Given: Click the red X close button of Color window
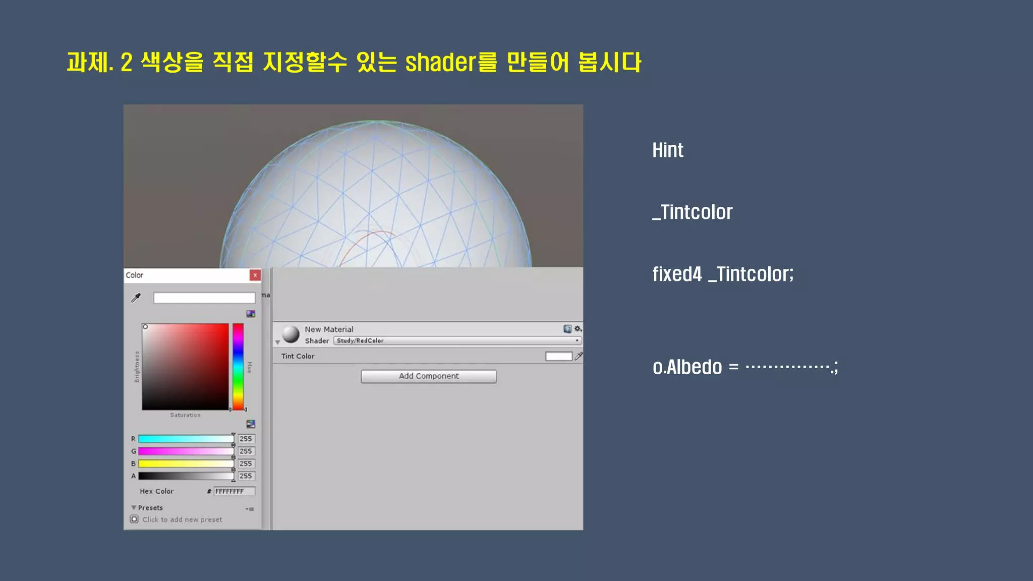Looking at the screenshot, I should [255, 275].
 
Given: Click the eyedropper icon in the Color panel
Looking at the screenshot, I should [136, 298].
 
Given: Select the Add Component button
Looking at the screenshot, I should [429, 376].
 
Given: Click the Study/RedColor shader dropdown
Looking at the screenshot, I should [457, 341].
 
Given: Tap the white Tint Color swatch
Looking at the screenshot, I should [558, 357].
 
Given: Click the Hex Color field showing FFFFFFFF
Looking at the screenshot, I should [234, 491].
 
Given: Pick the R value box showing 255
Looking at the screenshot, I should [246, 439].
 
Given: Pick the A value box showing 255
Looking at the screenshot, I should [246, 476].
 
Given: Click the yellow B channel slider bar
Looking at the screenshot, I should [186, 463].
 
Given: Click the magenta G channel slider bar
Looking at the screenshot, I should [186, 451].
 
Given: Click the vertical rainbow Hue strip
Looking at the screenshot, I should [238, 367].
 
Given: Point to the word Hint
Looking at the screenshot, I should [667, 150].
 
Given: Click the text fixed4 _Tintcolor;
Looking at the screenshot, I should [722, 274].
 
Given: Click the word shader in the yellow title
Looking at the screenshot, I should [440, 63].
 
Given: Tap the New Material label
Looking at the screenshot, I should [329, 329].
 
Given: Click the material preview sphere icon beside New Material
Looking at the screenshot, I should [291, 334].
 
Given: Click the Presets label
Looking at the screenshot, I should [150, 508].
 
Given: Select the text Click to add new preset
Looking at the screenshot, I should [182, 519].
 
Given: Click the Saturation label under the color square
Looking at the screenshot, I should [185, 415].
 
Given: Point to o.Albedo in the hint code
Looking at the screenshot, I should [687, 367].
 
